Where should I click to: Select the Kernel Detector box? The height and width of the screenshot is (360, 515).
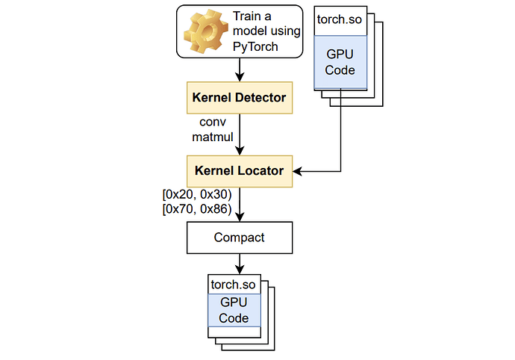click(239, 98)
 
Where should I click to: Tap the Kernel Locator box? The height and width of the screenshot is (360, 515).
click(239, 171)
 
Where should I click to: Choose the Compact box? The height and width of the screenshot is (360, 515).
click(239, 238)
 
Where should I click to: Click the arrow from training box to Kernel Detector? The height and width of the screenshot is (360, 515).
click(239, 72)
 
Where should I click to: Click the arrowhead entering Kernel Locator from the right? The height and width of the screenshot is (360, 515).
click(296, 172)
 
